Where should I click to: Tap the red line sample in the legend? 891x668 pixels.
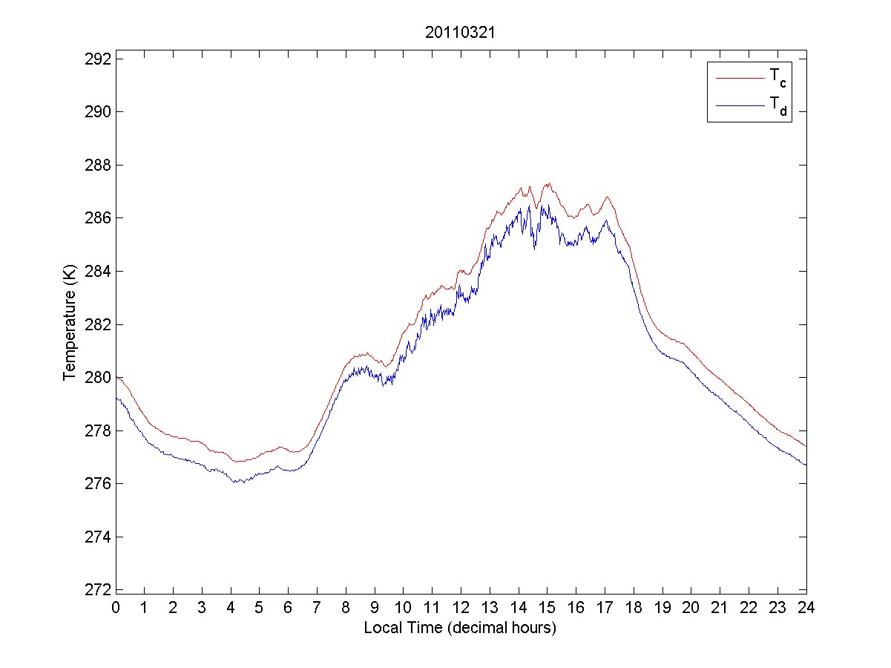coord(739,77)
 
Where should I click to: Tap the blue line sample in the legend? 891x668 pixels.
coord(739,106)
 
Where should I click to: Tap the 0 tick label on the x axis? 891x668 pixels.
coord(116,608)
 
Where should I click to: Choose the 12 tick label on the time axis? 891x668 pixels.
coord(461,608)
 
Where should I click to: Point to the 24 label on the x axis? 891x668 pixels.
coord(806,608)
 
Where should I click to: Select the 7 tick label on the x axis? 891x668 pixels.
coord(317,608)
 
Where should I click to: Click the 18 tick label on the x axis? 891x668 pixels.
coord(633,608)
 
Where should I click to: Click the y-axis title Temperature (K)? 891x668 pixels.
coord(69,324)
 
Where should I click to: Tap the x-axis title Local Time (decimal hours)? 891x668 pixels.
coord(460,627)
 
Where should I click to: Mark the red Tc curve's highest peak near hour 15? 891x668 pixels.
coord(548,183)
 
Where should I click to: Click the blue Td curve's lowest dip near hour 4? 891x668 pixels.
coord(234,482)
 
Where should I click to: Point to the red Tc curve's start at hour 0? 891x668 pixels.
coord(116,377)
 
